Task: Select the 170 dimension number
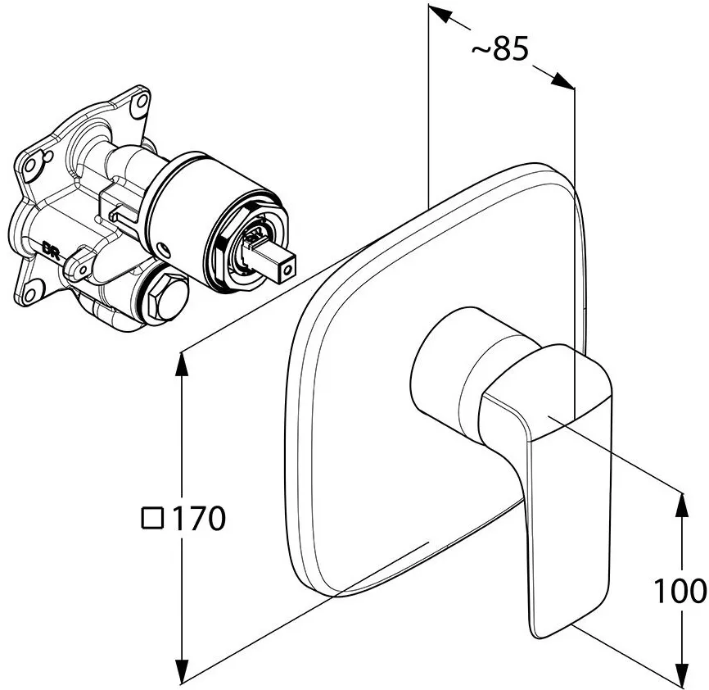click(199, 518)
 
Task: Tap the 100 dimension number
click(680, 591)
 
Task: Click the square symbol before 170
click(152, 518)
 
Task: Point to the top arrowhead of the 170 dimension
click(182, 363)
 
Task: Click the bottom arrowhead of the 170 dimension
click(182, 670)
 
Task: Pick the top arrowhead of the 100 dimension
click(682, 505)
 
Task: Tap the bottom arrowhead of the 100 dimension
click(682, 671)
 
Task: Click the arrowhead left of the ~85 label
click(440, 14)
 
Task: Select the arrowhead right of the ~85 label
click(562, 80)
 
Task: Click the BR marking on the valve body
click(51, 247)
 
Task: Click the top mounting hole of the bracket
click(139, 102)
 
